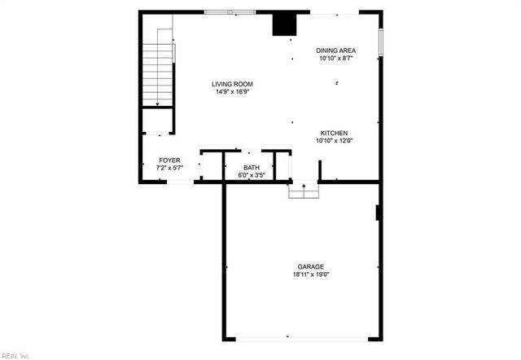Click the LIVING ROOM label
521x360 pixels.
coord(232,83)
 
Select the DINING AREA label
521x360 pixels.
coord(336,50)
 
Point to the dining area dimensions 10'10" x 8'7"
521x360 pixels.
coord(336,59)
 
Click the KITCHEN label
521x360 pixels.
coord(334,133)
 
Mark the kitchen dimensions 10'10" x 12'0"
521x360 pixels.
coord(334,141)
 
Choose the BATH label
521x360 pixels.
coord(252,167)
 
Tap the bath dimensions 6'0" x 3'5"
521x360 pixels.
coord(252,175)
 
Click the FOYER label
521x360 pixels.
coord(169,160)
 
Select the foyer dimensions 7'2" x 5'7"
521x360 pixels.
coord(169,168)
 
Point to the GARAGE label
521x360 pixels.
coord(310,266)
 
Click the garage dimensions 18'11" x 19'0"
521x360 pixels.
coord(310,274)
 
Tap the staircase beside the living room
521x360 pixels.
coord(159,69)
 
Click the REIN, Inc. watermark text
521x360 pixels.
coord(15,355)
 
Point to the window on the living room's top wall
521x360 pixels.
coord(230,11)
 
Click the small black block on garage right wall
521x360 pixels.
coord(378,213)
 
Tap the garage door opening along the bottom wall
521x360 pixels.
coord(300,339)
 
